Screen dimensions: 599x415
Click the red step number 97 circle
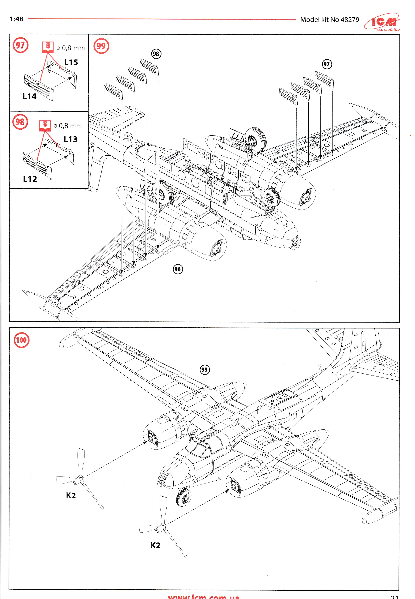point(20,46)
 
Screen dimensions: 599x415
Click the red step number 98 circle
point(20,122)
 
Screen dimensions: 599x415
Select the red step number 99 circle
point(101,46)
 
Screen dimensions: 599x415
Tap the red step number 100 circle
point(21,340)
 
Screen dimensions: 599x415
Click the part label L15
point(71,62)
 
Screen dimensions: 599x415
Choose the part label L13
point(70,139)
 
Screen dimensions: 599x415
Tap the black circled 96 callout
point(178,269)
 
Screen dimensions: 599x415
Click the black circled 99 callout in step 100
point(204,370)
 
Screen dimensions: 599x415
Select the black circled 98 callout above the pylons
point(156,54)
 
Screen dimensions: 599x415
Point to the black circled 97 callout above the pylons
point(327,64)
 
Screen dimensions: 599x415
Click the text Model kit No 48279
point(330,20)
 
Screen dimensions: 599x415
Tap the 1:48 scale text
point(16,19)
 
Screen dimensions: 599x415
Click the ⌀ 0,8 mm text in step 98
point(68,126)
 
